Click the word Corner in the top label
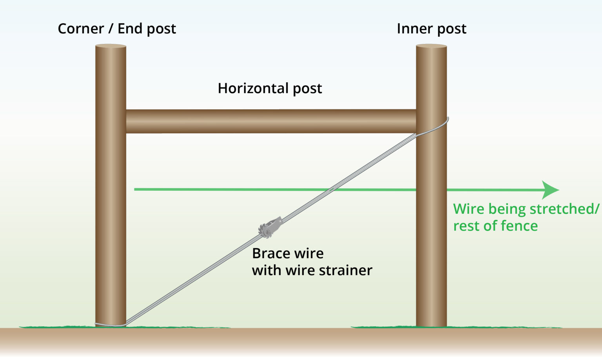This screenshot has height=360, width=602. point(80,29)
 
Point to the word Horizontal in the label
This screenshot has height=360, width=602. point(253,88)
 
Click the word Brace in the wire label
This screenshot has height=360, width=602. point(271,253)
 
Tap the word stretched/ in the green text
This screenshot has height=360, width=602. point(564,209)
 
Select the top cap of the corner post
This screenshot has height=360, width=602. point(111,46)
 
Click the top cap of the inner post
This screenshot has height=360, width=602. point(431,46)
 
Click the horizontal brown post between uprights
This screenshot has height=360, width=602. point(270,121)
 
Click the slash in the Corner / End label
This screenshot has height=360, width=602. point(110,29)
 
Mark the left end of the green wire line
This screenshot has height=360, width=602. point(136,189)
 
